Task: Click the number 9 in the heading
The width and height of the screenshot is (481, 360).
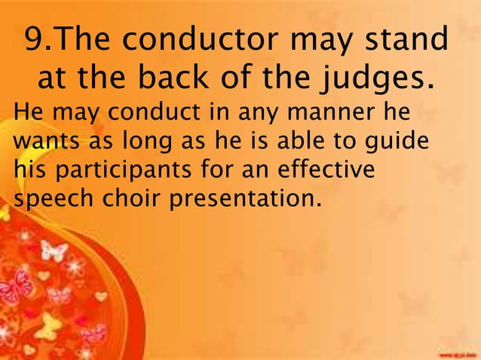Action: click(x=35, y=40)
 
